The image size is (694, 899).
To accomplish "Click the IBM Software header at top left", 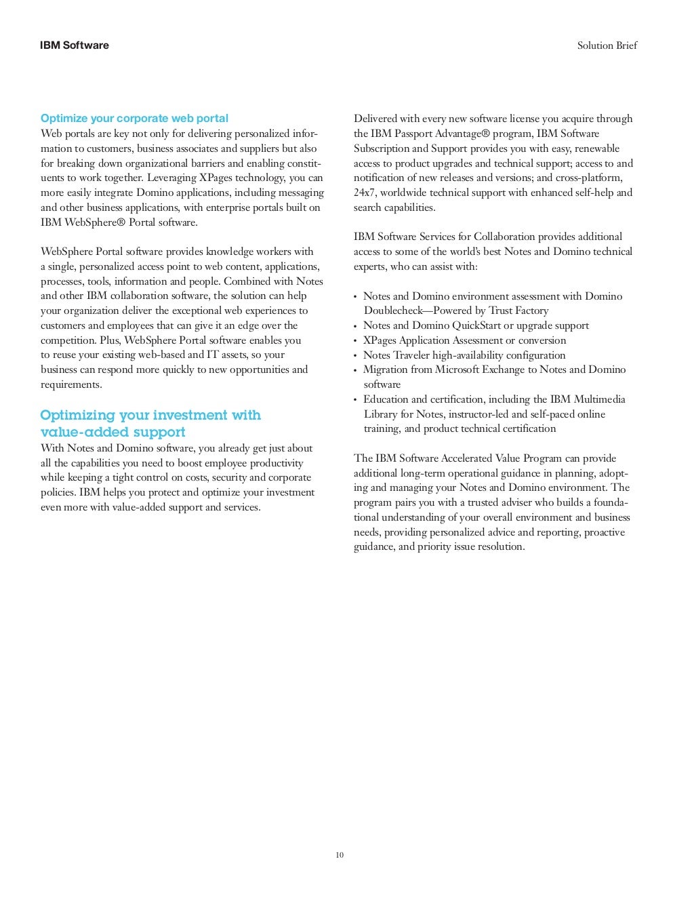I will tap(74, 45).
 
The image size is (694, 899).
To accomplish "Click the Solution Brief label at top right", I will tap(607, 45).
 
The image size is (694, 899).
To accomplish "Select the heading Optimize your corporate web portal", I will tap(134, 119).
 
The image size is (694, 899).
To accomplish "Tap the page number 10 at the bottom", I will tap(340, 855).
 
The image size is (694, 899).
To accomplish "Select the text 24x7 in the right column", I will tap(365, 193).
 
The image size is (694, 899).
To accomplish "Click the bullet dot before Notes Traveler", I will tap(355, 356).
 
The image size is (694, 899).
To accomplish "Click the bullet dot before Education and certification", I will tap(355, 400).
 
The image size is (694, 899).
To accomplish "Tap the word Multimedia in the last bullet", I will tap(599, 399).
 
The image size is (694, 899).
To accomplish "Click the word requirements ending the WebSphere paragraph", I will tap(70, 385).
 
